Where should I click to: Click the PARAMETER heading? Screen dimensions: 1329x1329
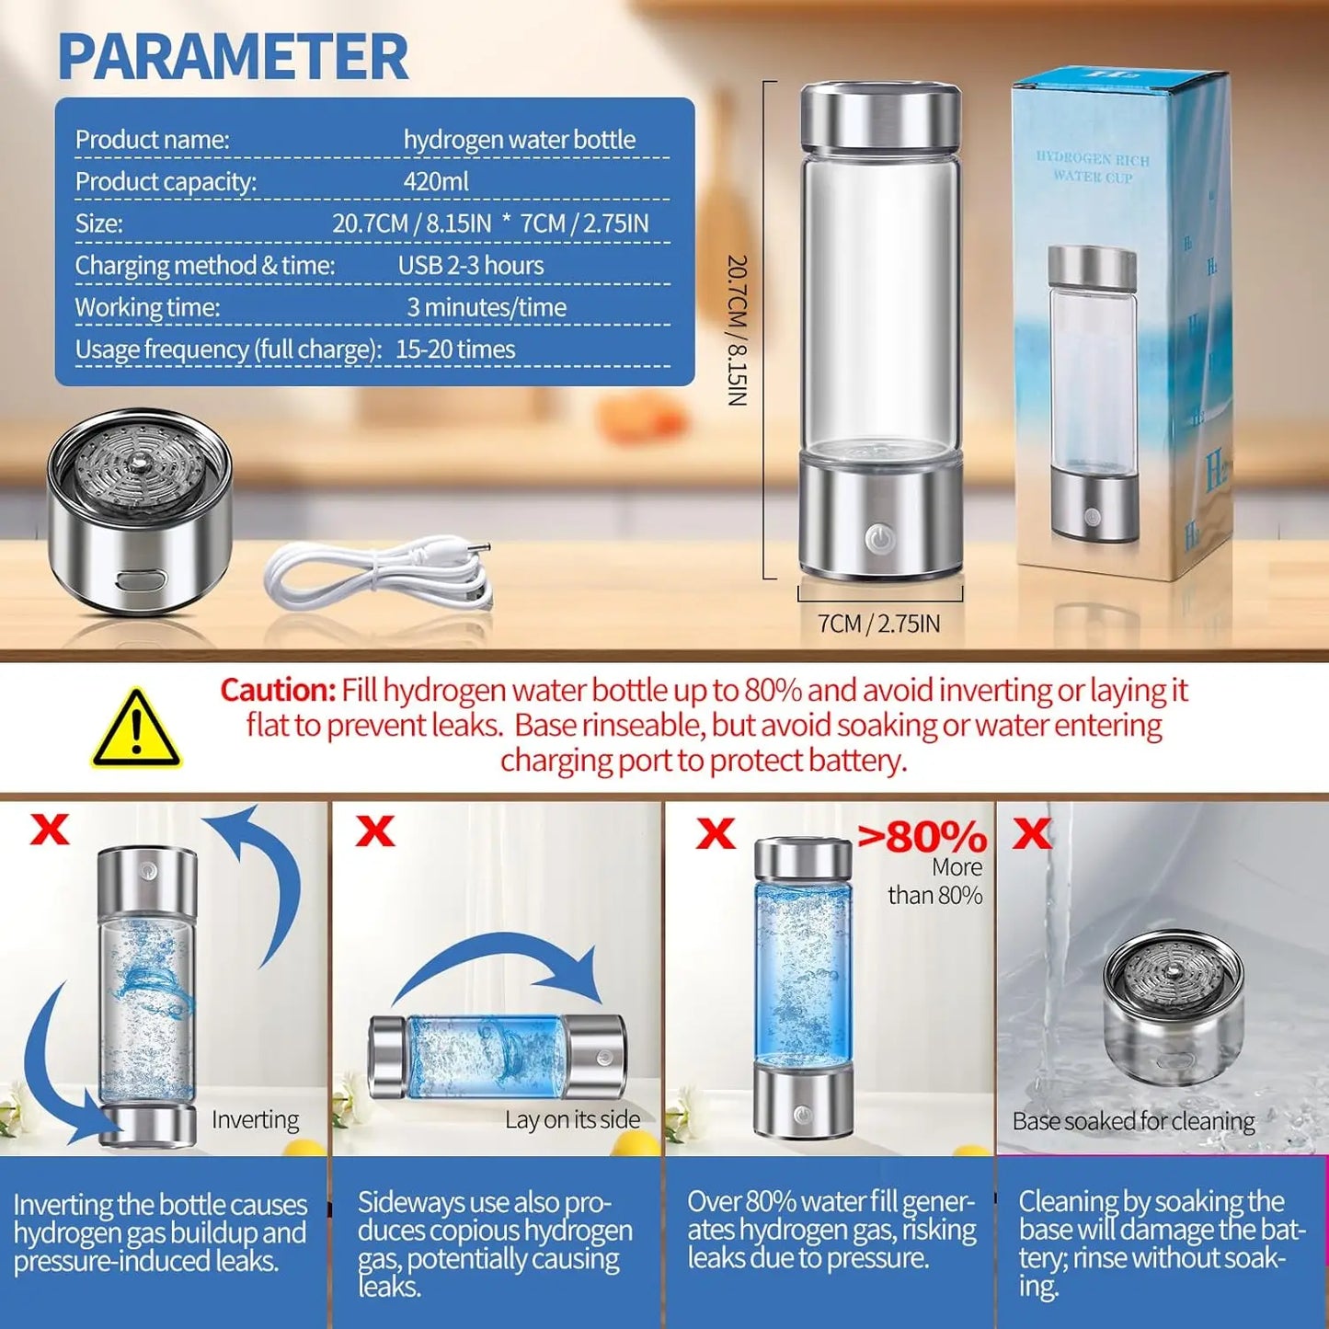coord(233,57)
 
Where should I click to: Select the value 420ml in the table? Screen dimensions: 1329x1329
coord(436,181)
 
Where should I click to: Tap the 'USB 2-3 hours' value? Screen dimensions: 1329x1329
coord(470,266)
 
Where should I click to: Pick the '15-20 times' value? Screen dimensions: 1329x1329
coord(455,349)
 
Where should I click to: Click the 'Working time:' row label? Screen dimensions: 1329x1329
coord(147,307)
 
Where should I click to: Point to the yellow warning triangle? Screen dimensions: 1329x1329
coord(136,730)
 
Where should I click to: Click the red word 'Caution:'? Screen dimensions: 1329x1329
coord(278,691)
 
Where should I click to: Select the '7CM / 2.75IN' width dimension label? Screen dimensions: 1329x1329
coord(879,624)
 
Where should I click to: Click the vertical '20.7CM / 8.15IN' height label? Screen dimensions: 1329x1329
coord(738,331)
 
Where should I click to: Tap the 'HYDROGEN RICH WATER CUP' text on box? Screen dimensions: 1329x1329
coord(1093,167)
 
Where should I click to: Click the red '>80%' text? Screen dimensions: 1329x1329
coord(922,837)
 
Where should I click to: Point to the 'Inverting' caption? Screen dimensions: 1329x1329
coord(255,1119)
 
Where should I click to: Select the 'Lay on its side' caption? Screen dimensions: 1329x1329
coord(572,1119)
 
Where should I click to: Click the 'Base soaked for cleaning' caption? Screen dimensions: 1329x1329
coord(1133,1121)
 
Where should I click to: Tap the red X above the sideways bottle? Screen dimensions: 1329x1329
coord(375,831)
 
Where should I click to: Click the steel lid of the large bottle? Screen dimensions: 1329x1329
coord(880,115)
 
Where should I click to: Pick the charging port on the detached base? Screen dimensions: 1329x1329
coord(141,581)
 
